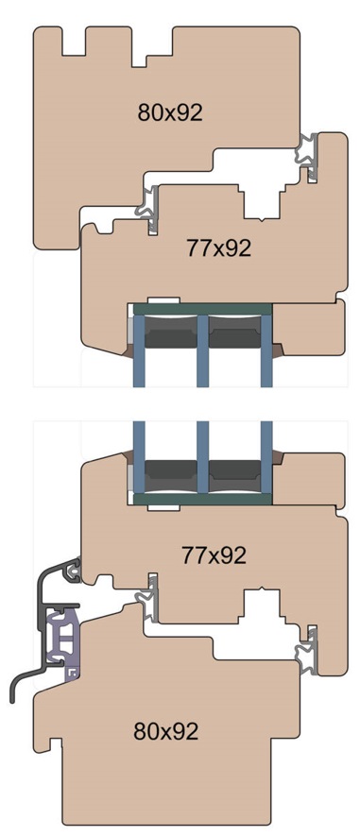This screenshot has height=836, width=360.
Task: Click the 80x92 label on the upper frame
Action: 170,112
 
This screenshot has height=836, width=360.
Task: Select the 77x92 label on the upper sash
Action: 218,247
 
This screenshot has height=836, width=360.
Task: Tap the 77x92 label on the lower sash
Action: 214,555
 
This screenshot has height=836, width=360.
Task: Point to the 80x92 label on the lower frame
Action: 166,731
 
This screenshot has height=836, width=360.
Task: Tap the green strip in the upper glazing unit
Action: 202,309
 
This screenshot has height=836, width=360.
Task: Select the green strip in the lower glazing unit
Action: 202,499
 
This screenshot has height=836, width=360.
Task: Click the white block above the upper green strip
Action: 163,300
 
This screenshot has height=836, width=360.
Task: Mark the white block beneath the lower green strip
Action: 163,507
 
